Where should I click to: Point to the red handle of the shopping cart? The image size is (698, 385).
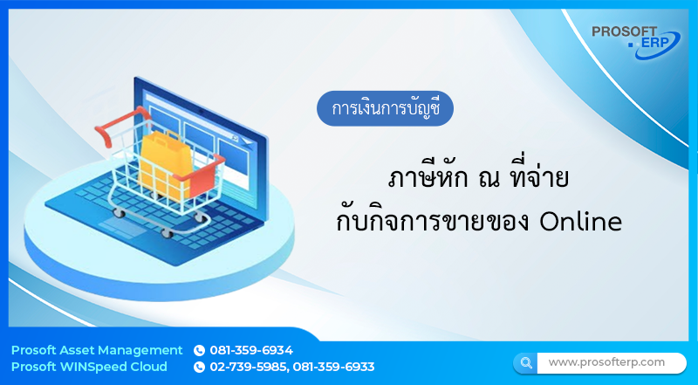pyautogui.click(x=111, y=131)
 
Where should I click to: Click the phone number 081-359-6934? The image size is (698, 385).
pyautogui.click(x=251, y=350)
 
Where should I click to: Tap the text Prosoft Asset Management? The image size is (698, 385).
pyautogui.click(x=97, y=350)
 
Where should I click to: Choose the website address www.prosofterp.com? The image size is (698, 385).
pyautogui.click(x=606, y=361)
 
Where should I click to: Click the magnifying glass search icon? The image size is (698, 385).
pyautogui.click(x=526, y=362)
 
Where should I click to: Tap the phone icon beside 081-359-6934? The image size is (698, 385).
pyautogui.click(x=199, y=350)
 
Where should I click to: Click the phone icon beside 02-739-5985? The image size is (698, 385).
pyautogui.click(x=199, y=367)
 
